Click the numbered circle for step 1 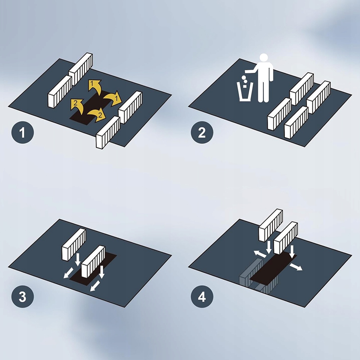(x=22, y=133)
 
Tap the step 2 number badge (x=202, y=133)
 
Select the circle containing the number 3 (x=22, y=297)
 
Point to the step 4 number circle (x=202, y=297)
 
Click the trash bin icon (x=245, y=92)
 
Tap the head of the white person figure (x=264, y=57)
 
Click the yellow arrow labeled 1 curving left (x=95, y=86)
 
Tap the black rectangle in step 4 (x=273, y=269)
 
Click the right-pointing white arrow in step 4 (x=296, y=267)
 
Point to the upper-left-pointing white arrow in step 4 (x=260, y=254)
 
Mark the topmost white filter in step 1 (x=81, y=69)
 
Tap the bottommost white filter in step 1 (x=108, y=132)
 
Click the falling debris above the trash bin (x=245, y=81)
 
